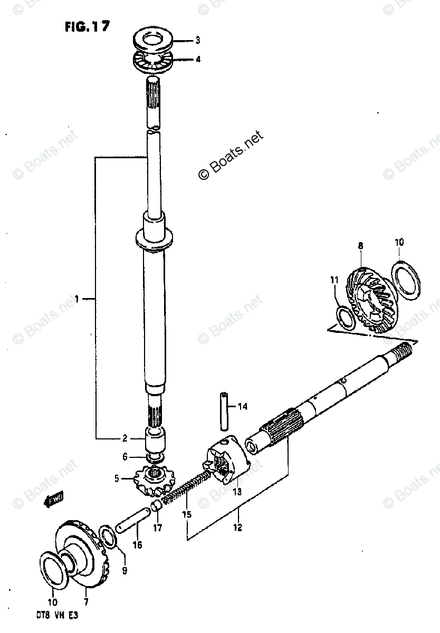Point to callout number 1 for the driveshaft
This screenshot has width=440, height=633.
coord(76,300)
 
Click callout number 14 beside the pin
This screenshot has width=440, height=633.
coord(242,406)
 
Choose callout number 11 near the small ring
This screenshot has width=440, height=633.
coord(333,281)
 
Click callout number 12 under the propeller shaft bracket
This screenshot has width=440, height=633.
coord(239,527)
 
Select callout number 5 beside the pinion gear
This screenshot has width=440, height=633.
coord(117,479)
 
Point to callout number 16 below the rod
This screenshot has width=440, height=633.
coord(137,545)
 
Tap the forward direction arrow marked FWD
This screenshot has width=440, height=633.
coord(54,499)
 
